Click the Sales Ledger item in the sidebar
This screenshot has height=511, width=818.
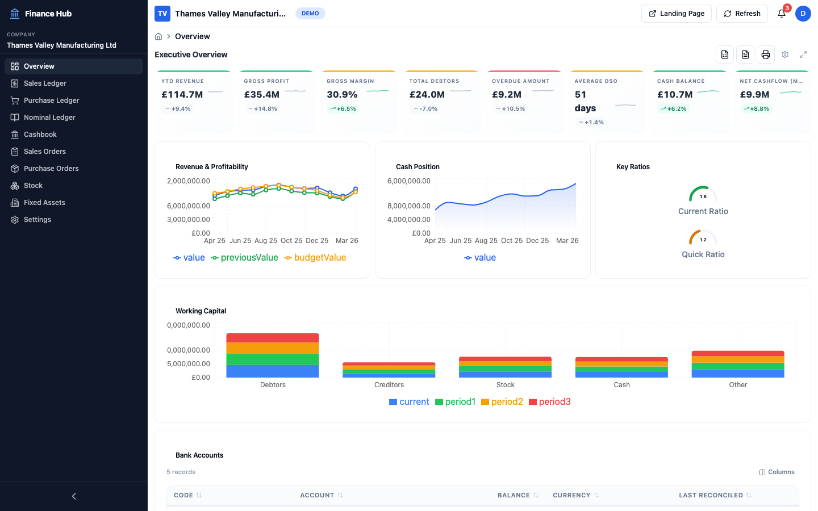click(x=45, y=83)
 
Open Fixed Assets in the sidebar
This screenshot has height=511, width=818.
click(x=44, y=203)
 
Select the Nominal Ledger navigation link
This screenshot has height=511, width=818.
click(x=49, y=118)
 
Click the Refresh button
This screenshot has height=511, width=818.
click(x=742, y=14)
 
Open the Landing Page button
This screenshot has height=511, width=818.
click(x=676, y=14)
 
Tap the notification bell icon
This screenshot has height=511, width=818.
click(x=782, y=14)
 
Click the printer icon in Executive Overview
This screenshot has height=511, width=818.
click(x=765, y=55)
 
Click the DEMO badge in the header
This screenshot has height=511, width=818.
click(x=310, y=14)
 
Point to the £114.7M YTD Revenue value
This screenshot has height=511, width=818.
click(x=182, y=95)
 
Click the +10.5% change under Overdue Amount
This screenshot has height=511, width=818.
click(x=513, y=109)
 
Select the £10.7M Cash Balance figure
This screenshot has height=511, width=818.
click(x=675, y=95)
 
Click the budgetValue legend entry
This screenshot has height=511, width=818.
click(x=315, y=258)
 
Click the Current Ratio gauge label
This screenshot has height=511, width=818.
click(x=703, y=211)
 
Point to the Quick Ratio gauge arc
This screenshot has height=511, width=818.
click(x=703, y=236)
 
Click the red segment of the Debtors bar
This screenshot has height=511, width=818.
click(x=273, y=338)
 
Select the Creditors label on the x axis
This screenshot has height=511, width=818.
click(x=389, y=385)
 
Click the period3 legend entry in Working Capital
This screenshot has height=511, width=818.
click(x=549, y=402)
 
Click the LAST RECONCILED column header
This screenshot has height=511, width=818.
click(x=711, y=495)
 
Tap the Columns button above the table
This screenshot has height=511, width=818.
click(x=777, y=472)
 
